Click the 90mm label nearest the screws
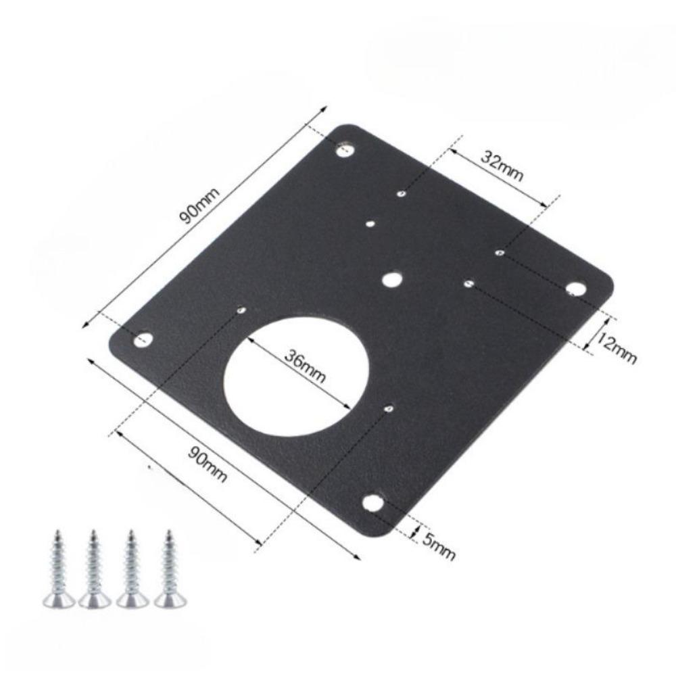pyautogui.click(x=207, y=464)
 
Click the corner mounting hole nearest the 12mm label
pyautogui.click(x=575, y=289)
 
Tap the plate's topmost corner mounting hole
pyautogui.click(x=346, y=148)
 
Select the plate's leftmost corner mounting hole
pyautogui.click(x=142, y=339)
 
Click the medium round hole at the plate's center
pyautogui.click(x=391, y=279)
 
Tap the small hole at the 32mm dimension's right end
pyautogui.click(x=499, y=253)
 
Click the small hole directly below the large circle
pyautogui.click(x=389, y=408)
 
